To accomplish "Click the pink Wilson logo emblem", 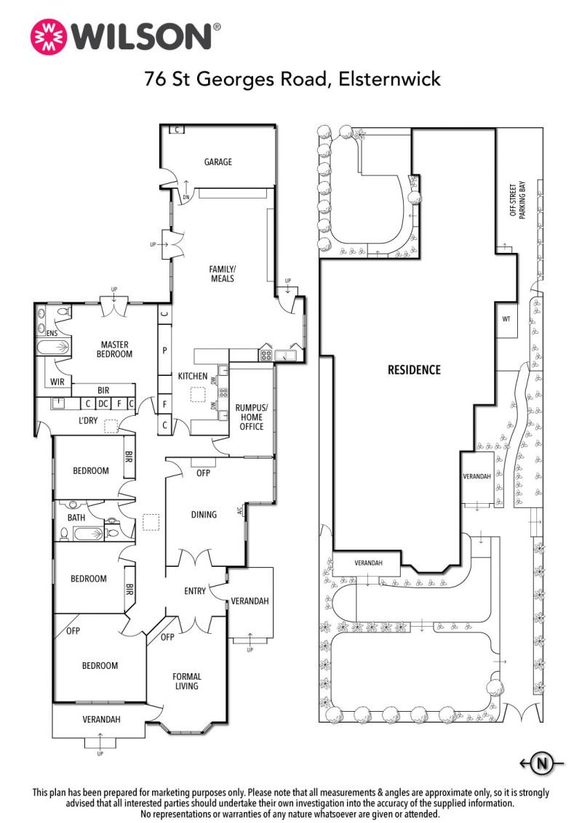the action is (x=49, y=37).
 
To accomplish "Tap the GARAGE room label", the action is (x=218, y=162).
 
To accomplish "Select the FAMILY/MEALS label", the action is (x=222, y=273).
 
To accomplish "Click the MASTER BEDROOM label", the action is (x=114, y=349).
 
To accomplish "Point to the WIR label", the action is (x=57, y=382).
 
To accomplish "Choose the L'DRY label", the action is (x=88, y=420).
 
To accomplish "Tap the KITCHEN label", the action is (x=193, y=376).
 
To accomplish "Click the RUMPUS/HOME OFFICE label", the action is (x=252, y=417).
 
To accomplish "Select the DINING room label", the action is (x=204, y=515).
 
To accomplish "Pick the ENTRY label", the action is (x=195, y=591).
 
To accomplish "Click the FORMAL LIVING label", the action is (x=186, y=681).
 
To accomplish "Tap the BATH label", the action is (x=76, y=518).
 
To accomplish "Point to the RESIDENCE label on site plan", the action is (x=414, y=370).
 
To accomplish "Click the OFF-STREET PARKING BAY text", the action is (x=517, y=199).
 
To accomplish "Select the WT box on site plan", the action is (x=506, y=318).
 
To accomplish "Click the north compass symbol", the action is (x=541, y=763).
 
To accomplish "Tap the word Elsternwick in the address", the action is (x=389, y=79).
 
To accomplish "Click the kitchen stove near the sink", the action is (x=266, y=356).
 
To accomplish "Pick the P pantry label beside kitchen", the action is (x=164, y=350).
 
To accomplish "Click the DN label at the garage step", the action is (x=186, y=197).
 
